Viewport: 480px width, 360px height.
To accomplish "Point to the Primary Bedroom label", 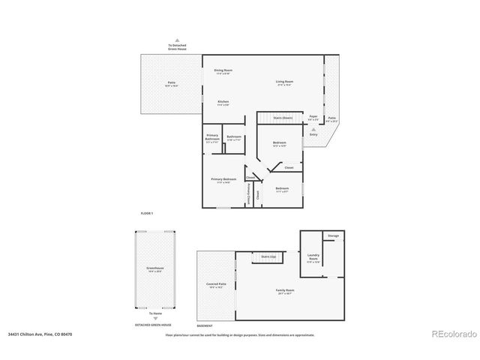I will pyautogui.click(x=223, y=180).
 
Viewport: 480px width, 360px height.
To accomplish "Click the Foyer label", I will pyautogui.click(x=313, y=117).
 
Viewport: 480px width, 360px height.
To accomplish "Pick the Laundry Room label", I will pyautogui.click(x=313, y=256).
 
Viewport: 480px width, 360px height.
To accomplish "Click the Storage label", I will pyautogui.click(x=333, y=236).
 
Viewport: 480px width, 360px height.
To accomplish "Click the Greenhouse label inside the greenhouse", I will pyautogui.click(x=154, y=268).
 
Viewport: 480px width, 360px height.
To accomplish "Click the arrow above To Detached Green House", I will pyautogui.click(x=177, y=40).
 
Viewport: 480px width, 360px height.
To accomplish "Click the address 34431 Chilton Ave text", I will pyautogui.click(x=40, y=334).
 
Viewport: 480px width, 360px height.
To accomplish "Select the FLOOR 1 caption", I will pyautogui.click(x=147, y=214).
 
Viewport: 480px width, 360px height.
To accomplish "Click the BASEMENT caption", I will pyautogui.click(x=205, y=326).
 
